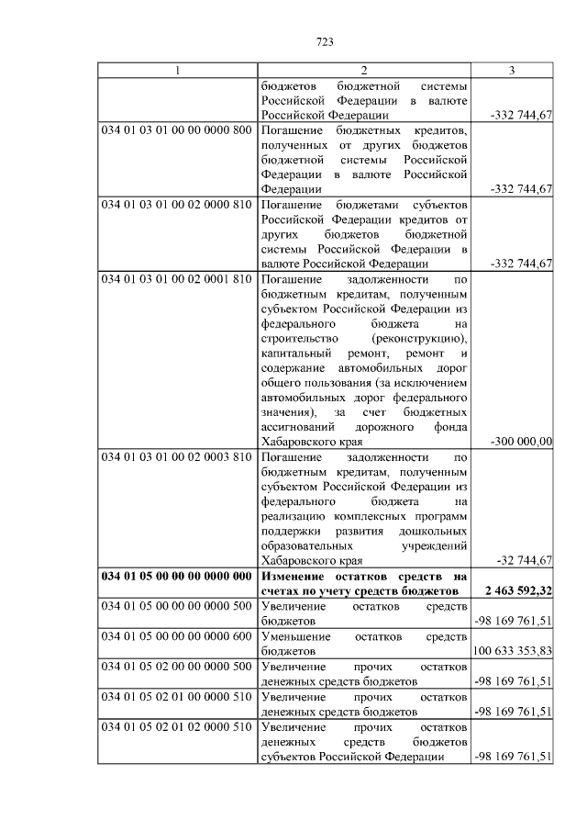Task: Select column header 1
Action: point(177,71)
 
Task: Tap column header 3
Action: point(512,71)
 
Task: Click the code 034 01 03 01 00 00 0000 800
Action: point(176,129)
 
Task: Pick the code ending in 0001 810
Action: point(176,277)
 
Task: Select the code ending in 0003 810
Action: point(176,456)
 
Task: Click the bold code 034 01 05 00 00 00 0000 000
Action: point(176,576)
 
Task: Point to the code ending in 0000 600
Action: point(176,635)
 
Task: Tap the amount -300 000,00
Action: point(520,442)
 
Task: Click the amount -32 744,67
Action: point(523,561)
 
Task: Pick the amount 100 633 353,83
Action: point(513,650)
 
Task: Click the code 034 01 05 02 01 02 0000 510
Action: point(176,725)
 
